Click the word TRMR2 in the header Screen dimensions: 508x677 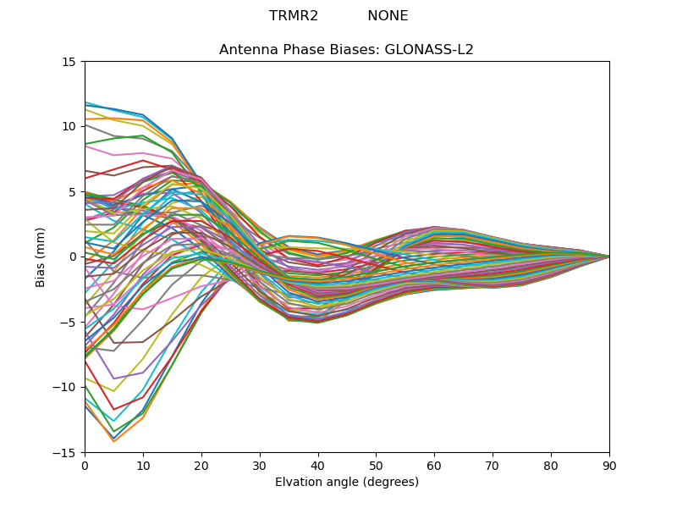coord(294,16)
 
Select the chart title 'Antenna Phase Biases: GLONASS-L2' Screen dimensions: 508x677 coord(346,50)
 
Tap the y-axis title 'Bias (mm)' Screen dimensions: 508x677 coord(41,257)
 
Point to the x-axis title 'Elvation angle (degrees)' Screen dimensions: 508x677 coord(346,482)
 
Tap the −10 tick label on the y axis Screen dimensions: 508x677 coord(67,387)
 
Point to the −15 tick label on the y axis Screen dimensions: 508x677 coord(67,452)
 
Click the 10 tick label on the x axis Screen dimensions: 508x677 coord(143,465)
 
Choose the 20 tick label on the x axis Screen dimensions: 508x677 coord(201,465)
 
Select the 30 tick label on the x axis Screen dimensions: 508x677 coord(260,465)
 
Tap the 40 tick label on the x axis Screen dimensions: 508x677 coord(318,465)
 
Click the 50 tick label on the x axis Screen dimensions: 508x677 coord(376,465)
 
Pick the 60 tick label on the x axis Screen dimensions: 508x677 coord(434,465)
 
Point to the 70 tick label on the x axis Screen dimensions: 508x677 coord(493,465)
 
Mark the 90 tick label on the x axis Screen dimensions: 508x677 coord(609,465)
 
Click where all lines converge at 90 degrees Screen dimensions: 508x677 coord(608,257)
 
